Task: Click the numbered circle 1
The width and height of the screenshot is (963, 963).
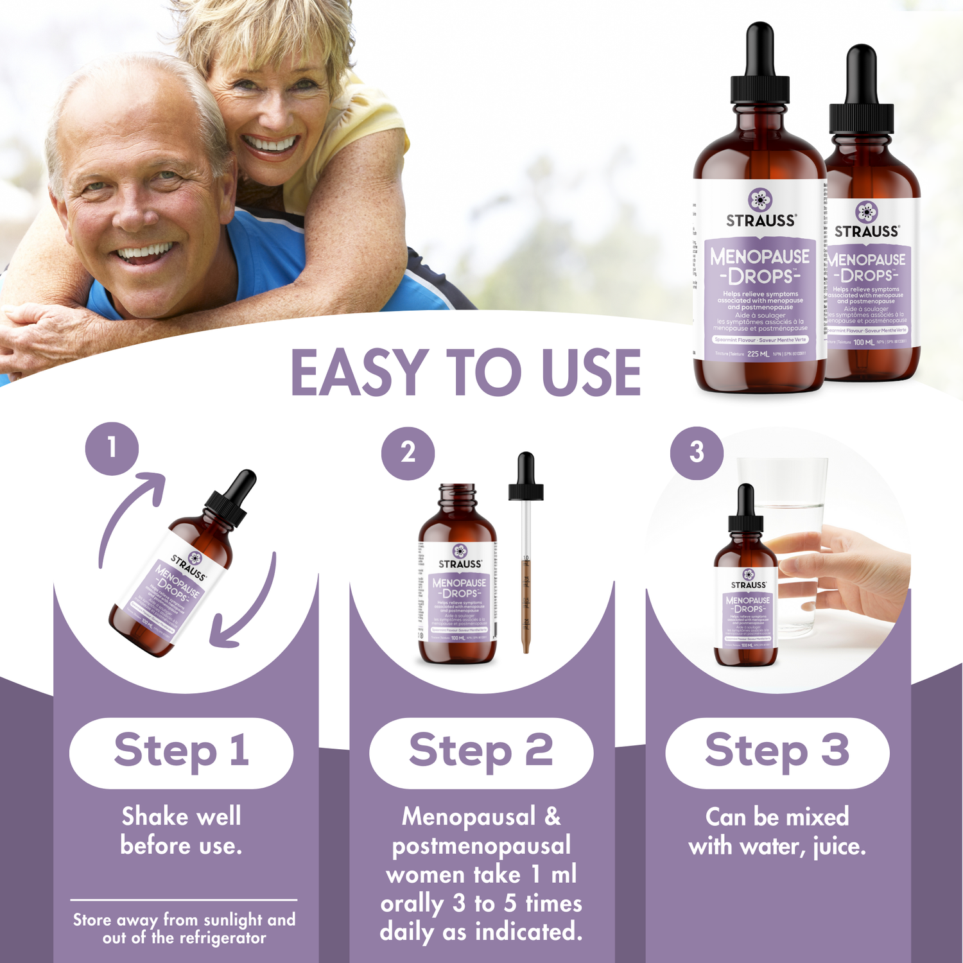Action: pos(112,448)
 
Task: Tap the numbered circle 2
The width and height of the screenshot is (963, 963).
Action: pos(408,453)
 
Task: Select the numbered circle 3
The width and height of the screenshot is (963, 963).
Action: pos(697,453)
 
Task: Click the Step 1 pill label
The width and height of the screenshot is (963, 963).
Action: pos(182,752)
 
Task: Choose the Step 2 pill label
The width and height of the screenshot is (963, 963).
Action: pos(481,752)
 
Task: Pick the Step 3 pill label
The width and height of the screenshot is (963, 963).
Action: pos(777,752)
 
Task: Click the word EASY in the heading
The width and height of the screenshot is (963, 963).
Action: pos(360,373)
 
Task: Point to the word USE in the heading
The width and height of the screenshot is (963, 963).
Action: pos(591,373)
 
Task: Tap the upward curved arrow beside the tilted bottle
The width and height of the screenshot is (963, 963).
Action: pos(128,514)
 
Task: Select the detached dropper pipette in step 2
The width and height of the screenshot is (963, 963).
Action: pos(526,552)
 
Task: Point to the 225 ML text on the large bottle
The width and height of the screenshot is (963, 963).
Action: pos(758,354)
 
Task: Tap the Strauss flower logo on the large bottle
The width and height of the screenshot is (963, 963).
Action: pos(760,200)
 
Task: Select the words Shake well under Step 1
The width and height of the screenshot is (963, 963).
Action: pos(182,817)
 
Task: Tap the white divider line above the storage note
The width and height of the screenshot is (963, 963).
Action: pos(184,900)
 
